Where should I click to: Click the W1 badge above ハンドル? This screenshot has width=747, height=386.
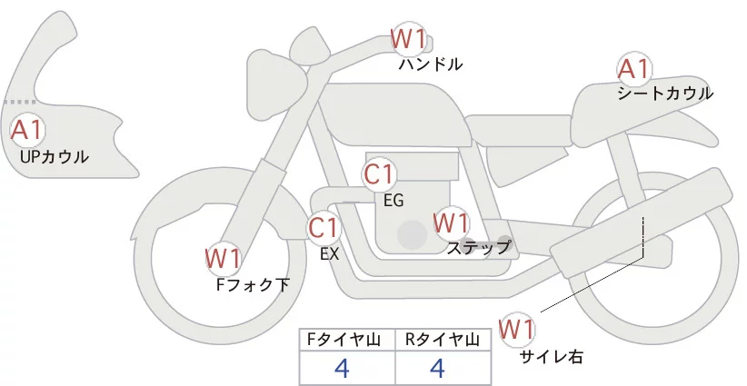[408, 39]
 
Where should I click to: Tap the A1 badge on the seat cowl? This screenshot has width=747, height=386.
[633, 69]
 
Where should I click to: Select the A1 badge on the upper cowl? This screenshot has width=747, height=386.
[26, 131]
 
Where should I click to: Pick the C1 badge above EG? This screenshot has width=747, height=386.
[379, 174]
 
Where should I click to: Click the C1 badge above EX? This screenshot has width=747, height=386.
[324, 227]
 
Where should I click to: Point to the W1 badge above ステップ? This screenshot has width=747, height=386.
[451, 223]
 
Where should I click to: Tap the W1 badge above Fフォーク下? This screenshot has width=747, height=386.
[223, 259]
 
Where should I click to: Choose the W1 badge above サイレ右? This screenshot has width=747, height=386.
[518, 327]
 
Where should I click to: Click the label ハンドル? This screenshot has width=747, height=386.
[431, 64]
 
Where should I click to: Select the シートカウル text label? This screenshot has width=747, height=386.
[664, 94]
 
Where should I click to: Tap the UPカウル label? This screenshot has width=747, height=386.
[54, 157]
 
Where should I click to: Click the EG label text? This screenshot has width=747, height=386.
[393, 201]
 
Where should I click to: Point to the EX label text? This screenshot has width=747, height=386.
[330, 254]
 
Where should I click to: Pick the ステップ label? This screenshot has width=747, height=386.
[478, 247]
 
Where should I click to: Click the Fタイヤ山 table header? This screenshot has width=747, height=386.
[346, 340]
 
